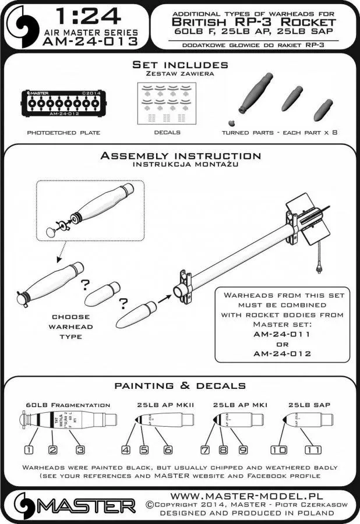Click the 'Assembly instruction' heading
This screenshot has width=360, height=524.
click(180, 156)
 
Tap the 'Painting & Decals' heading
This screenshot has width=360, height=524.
click(180, 386)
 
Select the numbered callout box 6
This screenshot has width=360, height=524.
click(167, 449)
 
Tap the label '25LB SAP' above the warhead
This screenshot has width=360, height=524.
click(306, 404)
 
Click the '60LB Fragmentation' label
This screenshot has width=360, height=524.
click(68, 405)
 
